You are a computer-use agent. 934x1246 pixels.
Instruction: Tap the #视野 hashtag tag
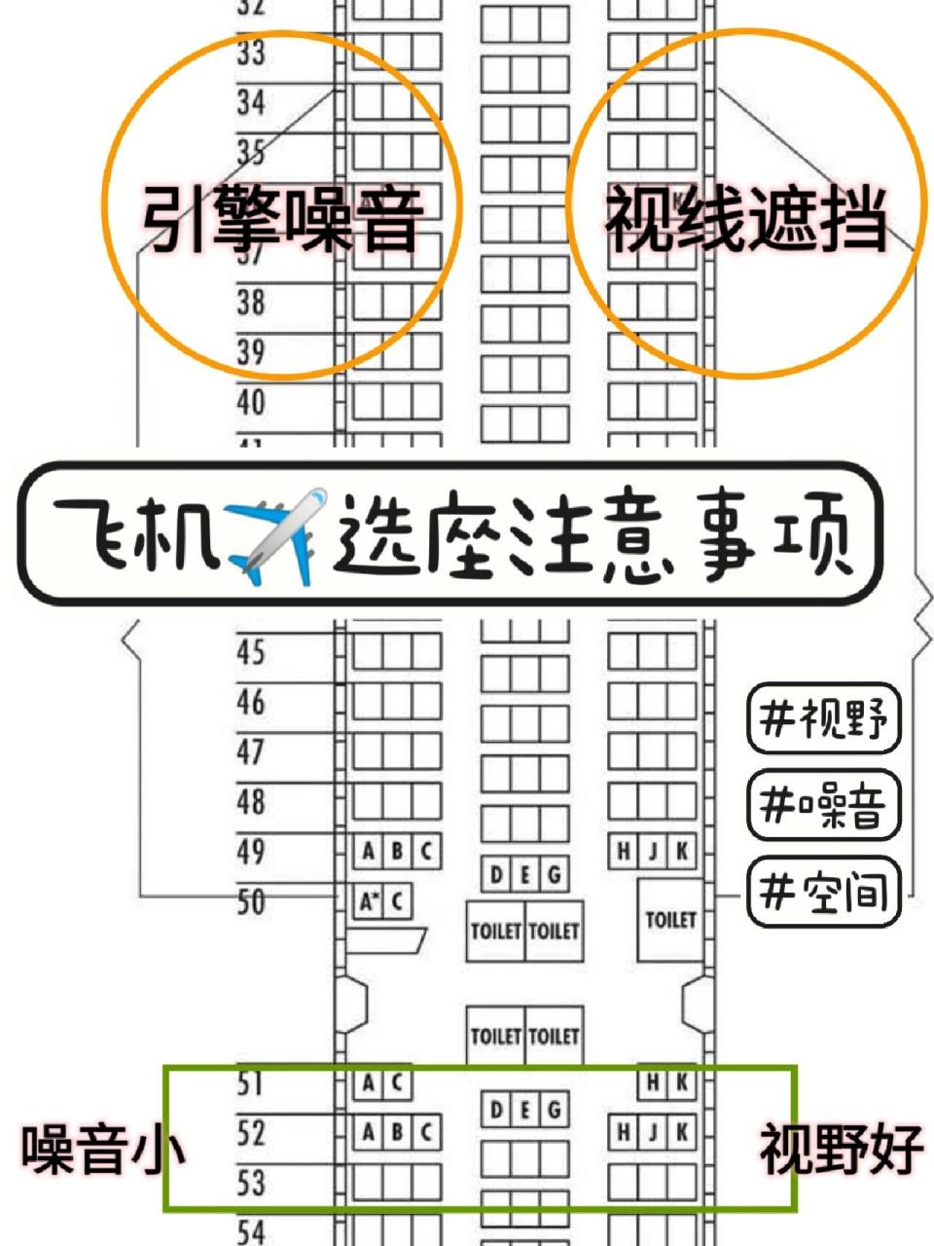pos(824,718)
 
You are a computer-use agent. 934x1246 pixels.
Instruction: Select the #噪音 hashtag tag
pos(824,805)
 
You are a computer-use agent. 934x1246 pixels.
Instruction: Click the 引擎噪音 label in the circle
pos(282,218)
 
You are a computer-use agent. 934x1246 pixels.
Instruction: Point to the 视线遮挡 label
pos(746,218)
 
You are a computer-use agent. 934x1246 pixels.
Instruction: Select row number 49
pos(251,852)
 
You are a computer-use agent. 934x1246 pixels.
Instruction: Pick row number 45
pos(251,651)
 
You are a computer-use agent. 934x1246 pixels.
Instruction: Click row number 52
pos(251,1132)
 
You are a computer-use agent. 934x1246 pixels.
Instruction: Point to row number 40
pos(251,401)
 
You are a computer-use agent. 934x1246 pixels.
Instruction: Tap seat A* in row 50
pos(368,902)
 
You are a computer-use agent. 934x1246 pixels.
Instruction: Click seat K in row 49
pos(682,852)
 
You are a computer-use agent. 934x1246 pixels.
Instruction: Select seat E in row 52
pos(525,1109)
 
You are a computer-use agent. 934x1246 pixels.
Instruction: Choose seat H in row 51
pos(653,1082)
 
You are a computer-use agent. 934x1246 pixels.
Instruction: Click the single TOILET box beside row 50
pos(670,919)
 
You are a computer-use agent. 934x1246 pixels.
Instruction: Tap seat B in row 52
pos(397,1132)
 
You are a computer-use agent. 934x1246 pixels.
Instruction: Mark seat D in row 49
pos(496,874)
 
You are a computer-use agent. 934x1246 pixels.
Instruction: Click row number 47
pos(251,751)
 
